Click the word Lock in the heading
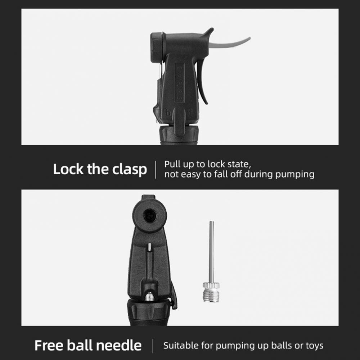pyautogui.click(x=68, y=169)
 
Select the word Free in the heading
pyautogui.click(x=49, y=345)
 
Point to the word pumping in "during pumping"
pyautogui.click(x=295, y=175)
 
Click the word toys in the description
pyautogui.click(x=314, y=346)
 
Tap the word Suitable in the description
pyautogui.click(x=181, y=345)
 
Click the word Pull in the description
pyautogui.click(x=172, y=164)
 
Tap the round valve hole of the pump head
pyautogui.click(x=149, y=216)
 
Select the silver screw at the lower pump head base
pyautogui.click(x=149, y=296)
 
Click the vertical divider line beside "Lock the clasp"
pyautogui.click(x=156, y=170)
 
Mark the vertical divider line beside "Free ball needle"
pyautogui.click(x=153, y=346)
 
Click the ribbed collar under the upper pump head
pyautogui.click(x=178, y=135)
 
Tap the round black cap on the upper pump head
pyautogui.click(x=156, y=48)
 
